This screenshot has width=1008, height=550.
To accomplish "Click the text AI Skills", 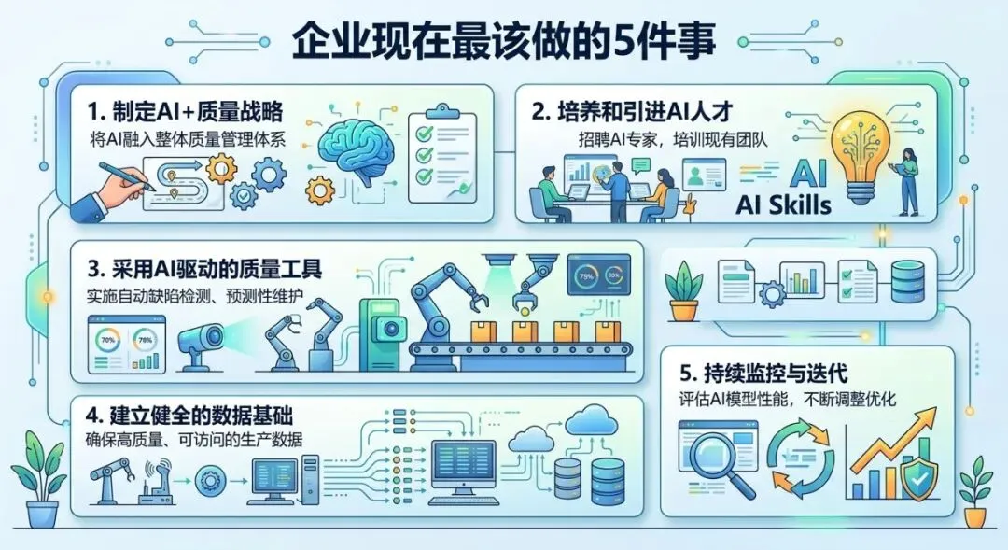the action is [x=783, y=204].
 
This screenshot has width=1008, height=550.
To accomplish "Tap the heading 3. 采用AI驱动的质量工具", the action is [x=203, y=271].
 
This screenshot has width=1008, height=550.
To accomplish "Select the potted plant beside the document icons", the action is [x=685, y=289].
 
